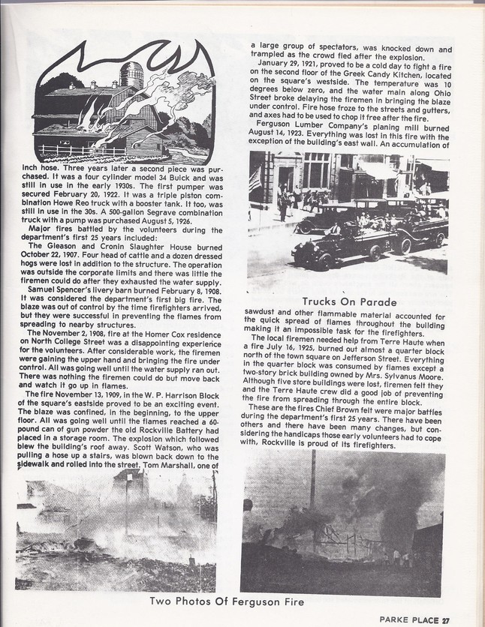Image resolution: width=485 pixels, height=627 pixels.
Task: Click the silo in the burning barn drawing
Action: [x=132, y=75]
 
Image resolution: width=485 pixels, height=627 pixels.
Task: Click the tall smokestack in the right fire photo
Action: [x=312, y=480]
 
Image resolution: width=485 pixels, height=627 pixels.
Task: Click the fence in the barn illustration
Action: [x=71, y=149]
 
